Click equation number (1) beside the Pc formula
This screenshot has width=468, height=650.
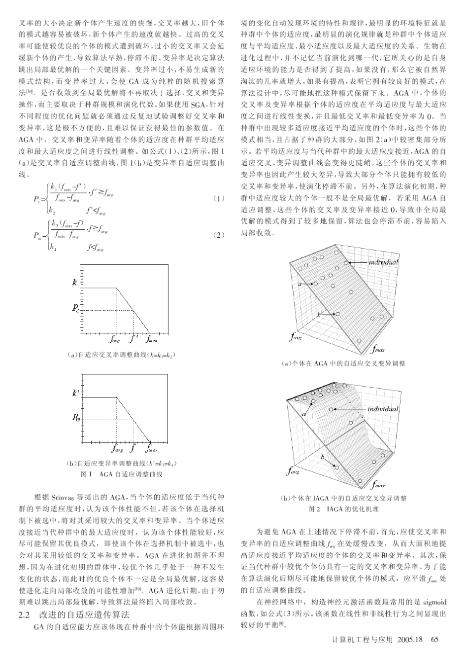219,199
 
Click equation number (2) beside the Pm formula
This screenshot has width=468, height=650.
219,235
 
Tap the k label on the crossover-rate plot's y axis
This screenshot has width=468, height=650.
74,283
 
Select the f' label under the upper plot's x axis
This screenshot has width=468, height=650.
132,339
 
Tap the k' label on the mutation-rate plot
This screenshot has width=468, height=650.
75,393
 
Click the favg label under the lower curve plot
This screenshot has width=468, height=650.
117,449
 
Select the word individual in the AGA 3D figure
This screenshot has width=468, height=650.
383,262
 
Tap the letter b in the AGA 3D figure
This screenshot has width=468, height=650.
319,314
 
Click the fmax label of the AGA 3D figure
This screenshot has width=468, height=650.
378,350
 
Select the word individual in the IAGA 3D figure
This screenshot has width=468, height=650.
383,409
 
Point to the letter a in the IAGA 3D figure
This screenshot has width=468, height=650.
304,415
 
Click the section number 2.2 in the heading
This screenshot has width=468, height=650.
24,615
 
